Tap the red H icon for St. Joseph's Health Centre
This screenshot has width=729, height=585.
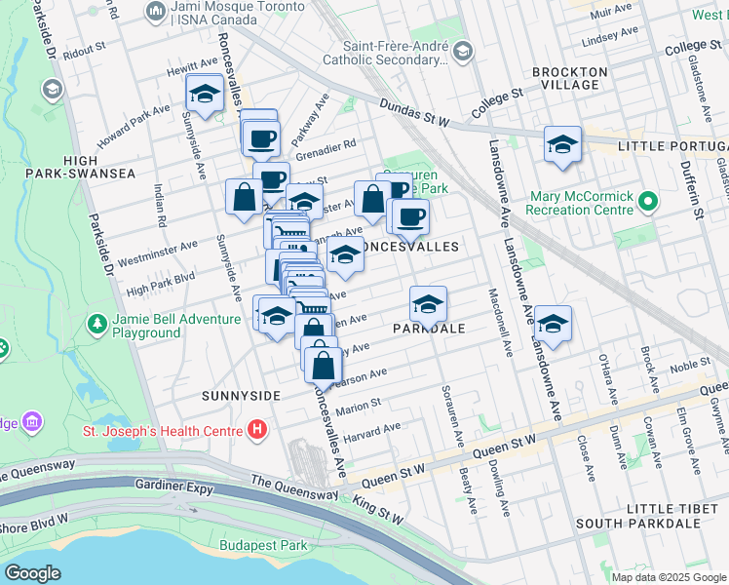256,428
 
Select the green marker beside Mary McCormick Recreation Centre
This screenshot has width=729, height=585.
646,203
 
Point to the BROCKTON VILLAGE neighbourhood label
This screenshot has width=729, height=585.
570,79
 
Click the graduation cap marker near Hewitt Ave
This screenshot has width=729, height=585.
205,95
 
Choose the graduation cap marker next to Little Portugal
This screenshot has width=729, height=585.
562,145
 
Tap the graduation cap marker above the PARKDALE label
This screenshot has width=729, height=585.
428,306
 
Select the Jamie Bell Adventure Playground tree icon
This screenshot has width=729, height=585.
96,323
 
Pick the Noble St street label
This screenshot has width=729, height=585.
690,363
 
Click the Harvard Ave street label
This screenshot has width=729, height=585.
373,429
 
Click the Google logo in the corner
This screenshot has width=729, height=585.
33,572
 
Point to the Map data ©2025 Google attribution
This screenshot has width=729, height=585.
668,577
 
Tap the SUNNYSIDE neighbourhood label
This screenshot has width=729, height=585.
241,396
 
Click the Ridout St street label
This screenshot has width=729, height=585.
86,49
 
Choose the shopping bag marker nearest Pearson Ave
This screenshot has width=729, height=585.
324,367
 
